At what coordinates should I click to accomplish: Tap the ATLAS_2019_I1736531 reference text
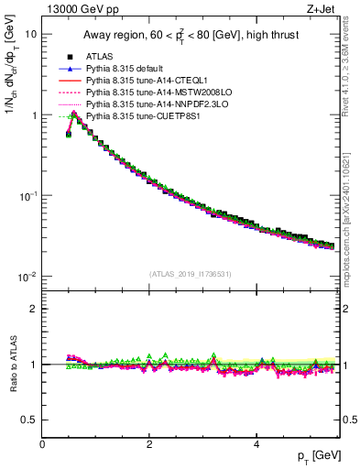point(189,274)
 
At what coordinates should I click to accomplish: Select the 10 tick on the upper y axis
point(31,34)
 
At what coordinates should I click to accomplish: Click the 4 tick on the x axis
point(256,444)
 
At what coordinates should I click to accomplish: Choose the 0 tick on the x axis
point(42,444)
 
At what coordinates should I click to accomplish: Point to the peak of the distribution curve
point(74,115)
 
